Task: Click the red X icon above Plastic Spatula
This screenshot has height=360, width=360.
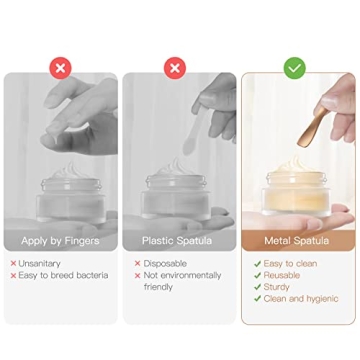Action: [176, 68]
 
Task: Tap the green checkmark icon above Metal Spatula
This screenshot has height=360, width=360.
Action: [294, 68]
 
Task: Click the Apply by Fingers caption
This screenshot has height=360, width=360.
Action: [60, 241]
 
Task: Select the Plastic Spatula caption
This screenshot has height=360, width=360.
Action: [177, 241]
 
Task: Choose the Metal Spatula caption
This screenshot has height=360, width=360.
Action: [297, 241]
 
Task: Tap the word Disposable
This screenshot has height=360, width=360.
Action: [162, 263]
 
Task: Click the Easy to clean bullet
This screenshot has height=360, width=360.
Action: [291, 263]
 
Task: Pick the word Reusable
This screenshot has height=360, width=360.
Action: [283, 275]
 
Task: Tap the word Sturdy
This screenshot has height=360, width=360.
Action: [277, 287]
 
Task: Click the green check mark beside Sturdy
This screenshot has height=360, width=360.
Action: [256, 287]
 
